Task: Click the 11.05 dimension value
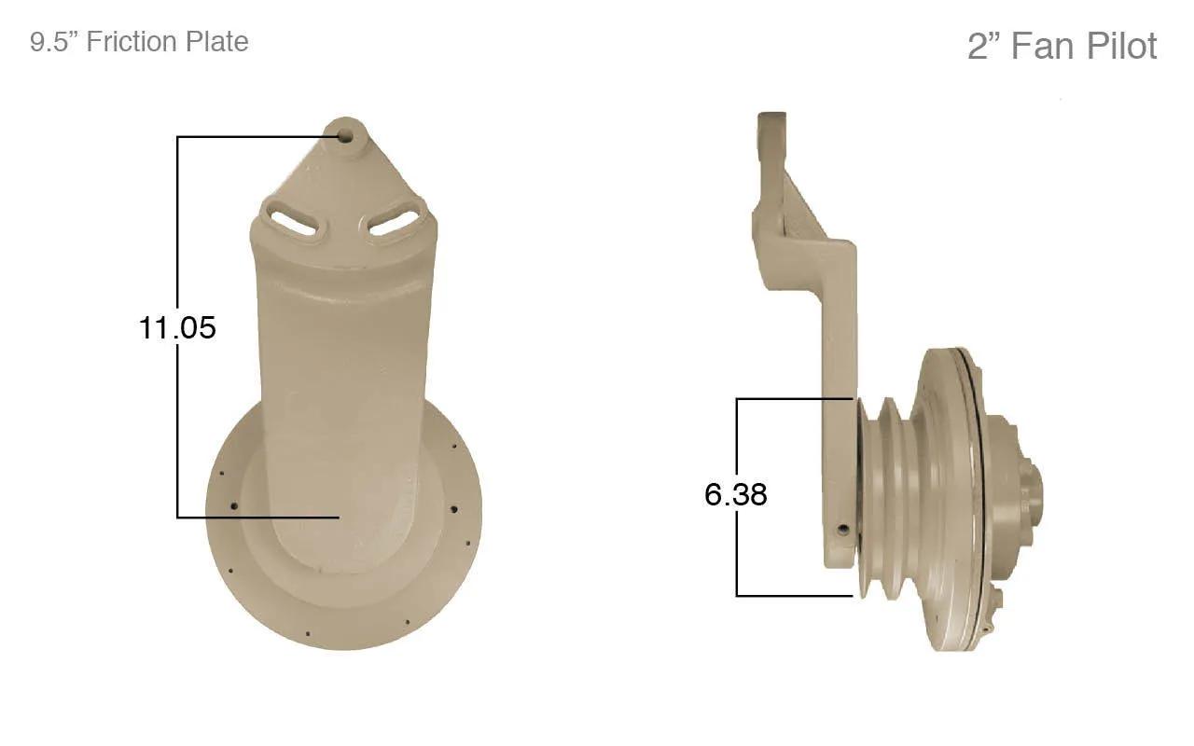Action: coord(177,327)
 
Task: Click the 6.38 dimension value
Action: coord(736,494)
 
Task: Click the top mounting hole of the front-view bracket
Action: coord(344,135)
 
